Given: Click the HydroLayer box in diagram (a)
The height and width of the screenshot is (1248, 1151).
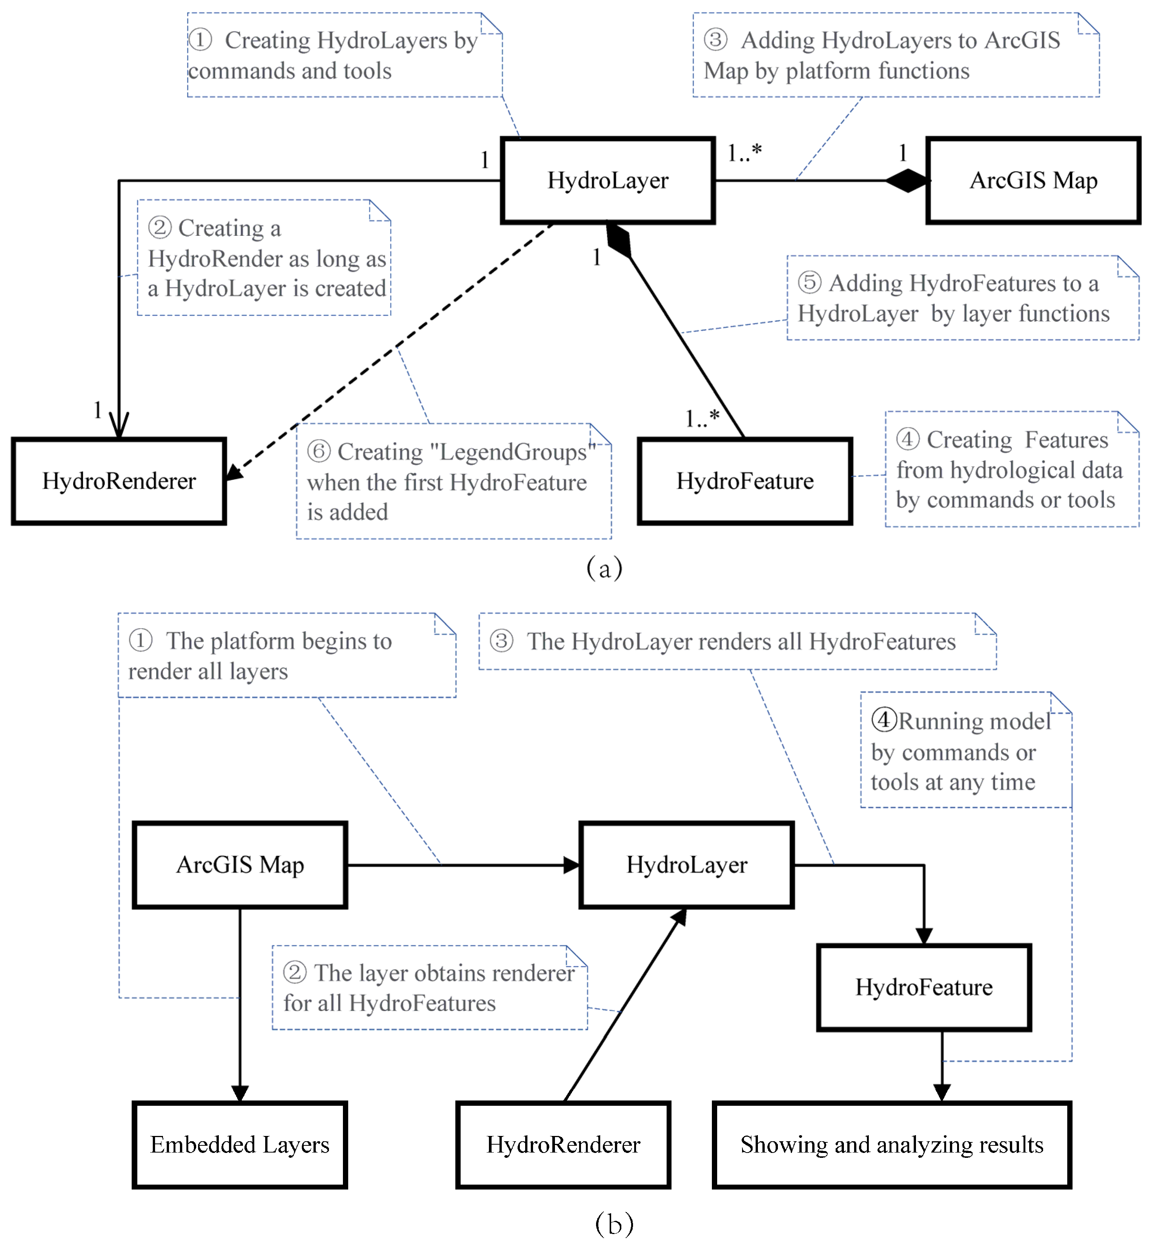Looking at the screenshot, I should point(607,181).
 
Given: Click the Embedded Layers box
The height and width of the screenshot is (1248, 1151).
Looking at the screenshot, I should point(240,1145).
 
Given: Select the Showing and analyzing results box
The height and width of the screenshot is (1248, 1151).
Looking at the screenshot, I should point(891,1145).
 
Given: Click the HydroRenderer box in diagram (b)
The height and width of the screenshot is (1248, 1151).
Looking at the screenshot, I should point(563,1145).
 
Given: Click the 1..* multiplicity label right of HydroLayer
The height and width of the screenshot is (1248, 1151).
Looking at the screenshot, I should point(744,152).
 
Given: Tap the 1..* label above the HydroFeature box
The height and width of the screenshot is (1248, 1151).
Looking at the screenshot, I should point(702,418).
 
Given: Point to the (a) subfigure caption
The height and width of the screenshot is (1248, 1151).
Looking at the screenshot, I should point(604,568).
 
